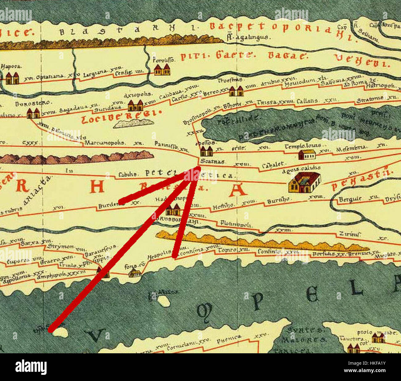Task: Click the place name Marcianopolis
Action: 105,143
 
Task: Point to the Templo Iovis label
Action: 303,146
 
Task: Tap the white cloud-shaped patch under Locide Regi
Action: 133,123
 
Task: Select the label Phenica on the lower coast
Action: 229,339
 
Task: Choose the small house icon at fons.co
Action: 135,273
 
